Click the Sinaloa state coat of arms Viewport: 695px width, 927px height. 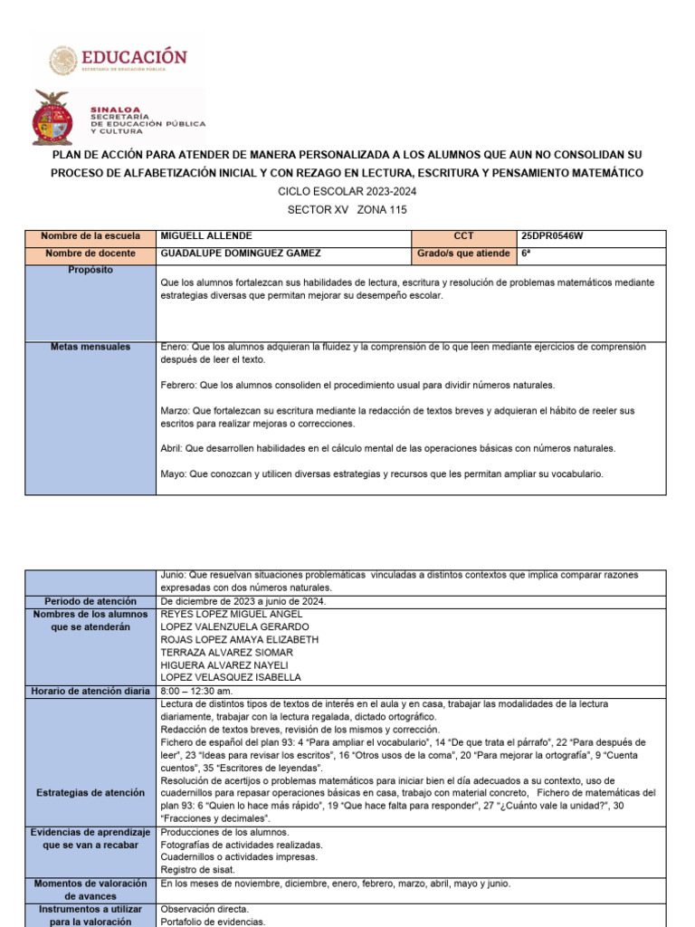point(52,118)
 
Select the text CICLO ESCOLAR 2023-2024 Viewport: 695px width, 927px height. point(347,192)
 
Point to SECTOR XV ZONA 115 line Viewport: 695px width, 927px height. point(347,210)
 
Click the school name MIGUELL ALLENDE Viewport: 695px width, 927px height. point(206,236)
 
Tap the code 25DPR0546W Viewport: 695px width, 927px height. point(552,236)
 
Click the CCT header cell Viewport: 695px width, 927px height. point(463,236)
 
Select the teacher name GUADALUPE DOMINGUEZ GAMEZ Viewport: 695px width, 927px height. point(240,253)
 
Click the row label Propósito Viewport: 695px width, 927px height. point(90,270)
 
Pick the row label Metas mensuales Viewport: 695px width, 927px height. point(90,347)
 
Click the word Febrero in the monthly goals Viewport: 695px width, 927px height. point(178,385)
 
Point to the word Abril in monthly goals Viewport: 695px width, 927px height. point(172,448)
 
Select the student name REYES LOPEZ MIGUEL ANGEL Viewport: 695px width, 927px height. point(231,614)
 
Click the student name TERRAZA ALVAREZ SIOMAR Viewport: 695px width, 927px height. point(226,652)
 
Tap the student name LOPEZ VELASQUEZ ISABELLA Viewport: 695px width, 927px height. point(231,677)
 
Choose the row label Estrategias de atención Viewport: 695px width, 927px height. point(90,793)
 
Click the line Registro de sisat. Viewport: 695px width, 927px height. point(197,870)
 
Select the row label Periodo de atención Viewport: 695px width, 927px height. point(90,601)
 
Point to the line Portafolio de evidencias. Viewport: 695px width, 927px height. point(213,922)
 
